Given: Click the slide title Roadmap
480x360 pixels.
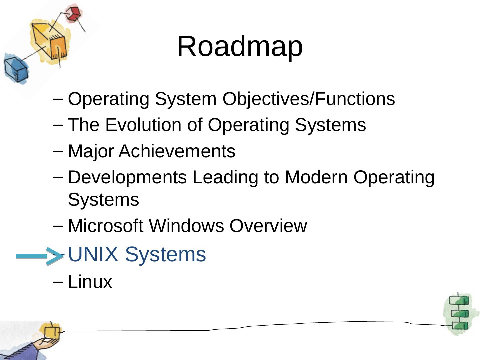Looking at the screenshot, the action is pyautogui.click(x=240, y=46).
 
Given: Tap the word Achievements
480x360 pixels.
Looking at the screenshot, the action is pyautogui.click(x=177, y=151).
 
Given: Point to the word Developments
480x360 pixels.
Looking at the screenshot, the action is pyautogui.click(x=127, y=177).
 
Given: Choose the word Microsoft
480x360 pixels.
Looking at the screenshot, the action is pyautogui.click(x=105, y=226).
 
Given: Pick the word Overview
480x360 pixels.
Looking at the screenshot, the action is pyautogui.click(x=268, y=226).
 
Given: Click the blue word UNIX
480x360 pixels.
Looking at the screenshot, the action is pyautogui.click(x=93, y=254).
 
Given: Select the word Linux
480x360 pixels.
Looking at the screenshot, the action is pyautogui.click(x=90, y=282).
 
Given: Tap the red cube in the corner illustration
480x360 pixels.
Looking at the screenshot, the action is pyautogui.click(x=73, y=13).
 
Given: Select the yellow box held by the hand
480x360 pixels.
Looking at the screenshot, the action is pyautogui.click(x=52, y=331).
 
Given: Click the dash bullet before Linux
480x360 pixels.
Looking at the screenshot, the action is pyautogui.click(x=58, y=282).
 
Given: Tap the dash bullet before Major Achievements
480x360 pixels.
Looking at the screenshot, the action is pyautogui.click(x=58, y=151).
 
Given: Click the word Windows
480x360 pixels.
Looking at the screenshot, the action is pyautogui.click(x=186, y=226).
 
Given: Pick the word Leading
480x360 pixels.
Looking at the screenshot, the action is pyautogui.click(x=225, y=177).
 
